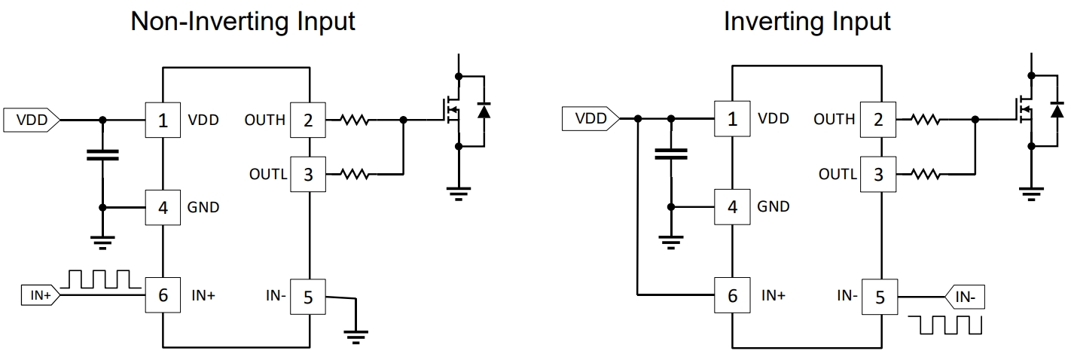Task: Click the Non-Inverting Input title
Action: coord(243,22)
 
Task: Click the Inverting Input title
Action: coord(807,22)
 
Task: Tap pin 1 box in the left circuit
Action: coord(163,119)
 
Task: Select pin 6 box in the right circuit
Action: coord(733,294)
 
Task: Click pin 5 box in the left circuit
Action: coord(307,296)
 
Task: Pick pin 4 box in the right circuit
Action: coord(733,206)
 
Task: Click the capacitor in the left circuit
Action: coord(103,156)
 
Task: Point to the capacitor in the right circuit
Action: coord(671,155)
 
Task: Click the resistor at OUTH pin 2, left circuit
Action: coord(354,119)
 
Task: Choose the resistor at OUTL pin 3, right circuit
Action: coord(924,175)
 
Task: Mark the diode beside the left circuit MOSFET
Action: coord(484,111)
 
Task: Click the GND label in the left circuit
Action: coord(203,207)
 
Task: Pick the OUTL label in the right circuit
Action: coord(837,175)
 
